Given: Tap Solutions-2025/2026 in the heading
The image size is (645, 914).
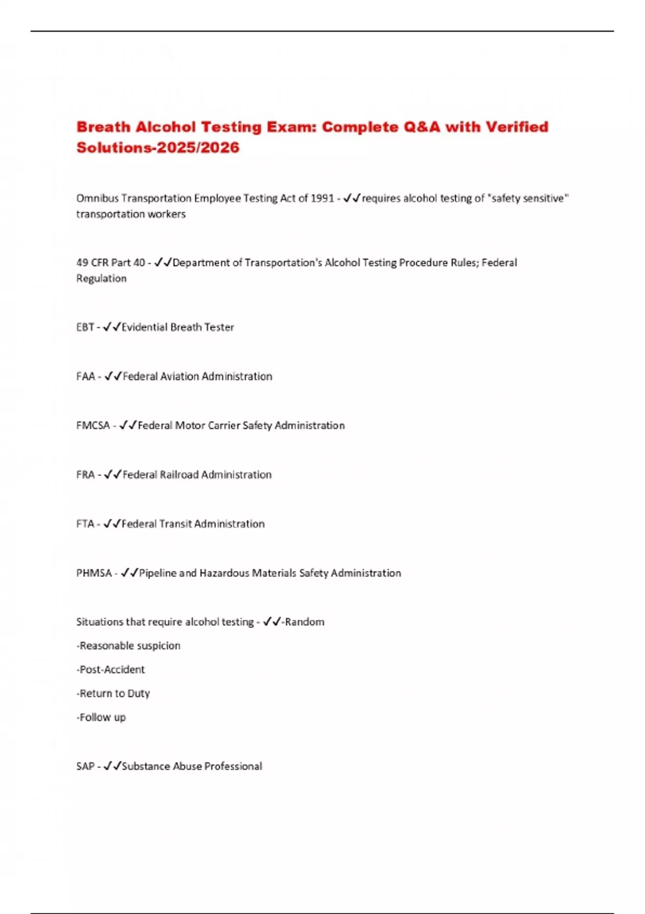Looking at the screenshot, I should tap(157, 147).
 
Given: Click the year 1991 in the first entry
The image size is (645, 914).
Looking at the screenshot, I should tap(322, 198).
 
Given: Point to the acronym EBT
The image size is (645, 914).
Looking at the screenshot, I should tap(85, 327).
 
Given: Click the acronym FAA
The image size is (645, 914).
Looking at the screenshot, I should tap(85, 376).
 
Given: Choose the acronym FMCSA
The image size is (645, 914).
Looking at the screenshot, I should tap(93, 425).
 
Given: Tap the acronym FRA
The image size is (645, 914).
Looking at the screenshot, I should tap(85, 475).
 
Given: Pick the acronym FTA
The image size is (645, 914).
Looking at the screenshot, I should tap(85, 524).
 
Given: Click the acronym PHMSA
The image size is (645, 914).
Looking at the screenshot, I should tap(94, 573).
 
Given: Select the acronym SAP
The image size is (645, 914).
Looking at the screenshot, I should tap(85, 766).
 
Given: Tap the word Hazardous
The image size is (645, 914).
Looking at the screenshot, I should tap(224, 573).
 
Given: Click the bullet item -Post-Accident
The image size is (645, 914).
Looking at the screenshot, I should tap(111, 669).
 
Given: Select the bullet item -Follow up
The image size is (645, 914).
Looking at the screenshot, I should tap(101, 717).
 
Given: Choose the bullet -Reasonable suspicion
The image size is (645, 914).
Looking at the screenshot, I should tap(128, 646).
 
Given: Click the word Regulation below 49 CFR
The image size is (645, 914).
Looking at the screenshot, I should tap(102, 279).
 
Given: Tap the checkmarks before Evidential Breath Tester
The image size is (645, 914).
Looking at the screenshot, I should tap(112, 327).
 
